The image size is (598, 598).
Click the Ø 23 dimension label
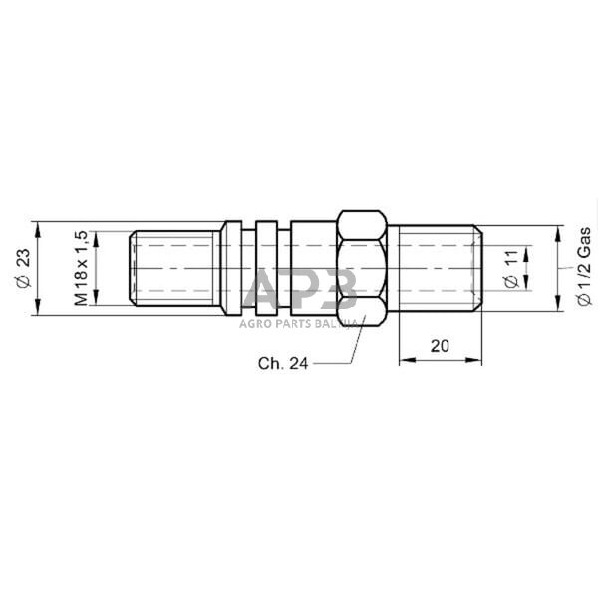[22, 268]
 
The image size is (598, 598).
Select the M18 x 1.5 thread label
[82, 268]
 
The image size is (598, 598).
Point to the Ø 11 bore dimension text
[511, 268]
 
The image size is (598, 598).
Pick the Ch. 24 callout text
[282, 364]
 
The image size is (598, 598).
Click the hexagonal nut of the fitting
[361, 268]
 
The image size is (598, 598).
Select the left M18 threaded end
[175, 268]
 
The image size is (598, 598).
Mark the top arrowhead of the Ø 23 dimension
[37, 226]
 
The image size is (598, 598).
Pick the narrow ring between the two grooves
[265, 268]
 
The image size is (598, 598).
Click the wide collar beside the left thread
[230, 268]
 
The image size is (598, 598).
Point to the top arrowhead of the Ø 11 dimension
[527, 245]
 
